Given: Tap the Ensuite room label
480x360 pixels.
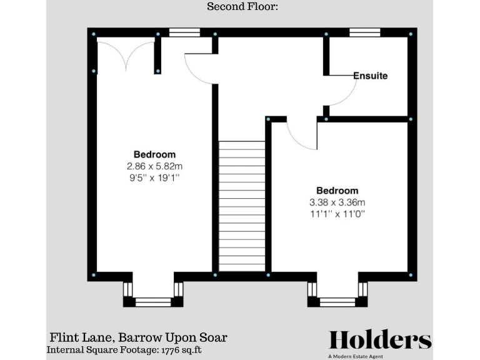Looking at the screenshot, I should tap(370, 76).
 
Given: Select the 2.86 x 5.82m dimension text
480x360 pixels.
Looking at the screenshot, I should tap(154, 166).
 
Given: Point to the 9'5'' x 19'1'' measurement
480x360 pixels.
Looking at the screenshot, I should tap(154, 177).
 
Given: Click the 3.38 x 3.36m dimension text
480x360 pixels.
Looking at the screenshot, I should tap(337, 202).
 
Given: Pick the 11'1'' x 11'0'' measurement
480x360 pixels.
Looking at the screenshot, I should tap(337, 214).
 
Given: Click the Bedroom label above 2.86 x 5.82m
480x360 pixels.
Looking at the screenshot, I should tap(154, 154).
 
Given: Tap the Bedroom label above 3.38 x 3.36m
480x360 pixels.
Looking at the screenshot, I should tap(337, 191).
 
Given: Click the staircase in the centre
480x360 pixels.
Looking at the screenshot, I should tap(242, 206).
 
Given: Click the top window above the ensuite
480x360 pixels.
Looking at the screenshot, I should tap(365, 32).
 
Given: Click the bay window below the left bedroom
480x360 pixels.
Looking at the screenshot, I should tap(153, 301).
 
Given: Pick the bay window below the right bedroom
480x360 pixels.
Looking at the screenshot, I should tap(337, 301).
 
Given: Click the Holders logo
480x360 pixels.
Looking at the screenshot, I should tap(380, 341).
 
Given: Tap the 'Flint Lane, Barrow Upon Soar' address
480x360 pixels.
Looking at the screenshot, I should tap(138, 337).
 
